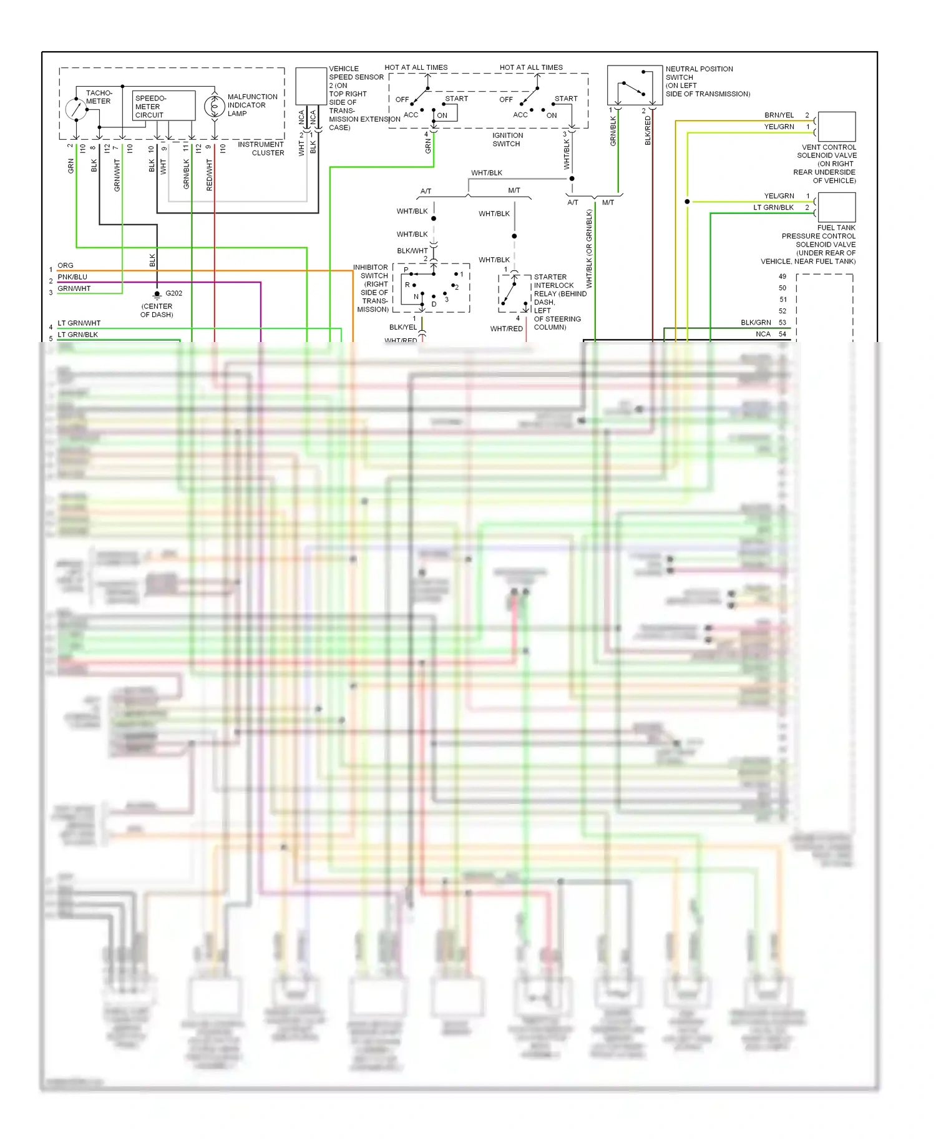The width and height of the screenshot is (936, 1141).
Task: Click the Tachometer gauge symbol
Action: [x=76, y=109]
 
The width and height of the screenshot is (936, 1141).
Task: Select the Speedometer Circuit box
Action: [x=164, y=106]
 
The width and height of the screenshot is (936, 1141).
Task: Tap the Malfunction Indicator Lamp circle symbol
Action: [x=214, y=107]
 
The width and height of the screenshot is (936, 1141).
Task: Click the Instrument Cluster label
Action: [x=261, y=149]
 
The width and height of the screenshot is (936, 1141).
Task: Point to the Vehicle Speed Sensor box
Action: [x=311, y=86]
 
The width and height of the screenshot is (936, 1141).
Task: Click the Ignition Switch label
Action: [x=507, y=139]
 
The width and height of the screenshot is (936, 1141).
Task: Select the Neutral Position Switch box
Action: [x=634, y=85]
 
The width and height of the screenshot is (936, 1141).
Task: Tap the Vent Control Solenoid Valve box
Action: [x=836, y=127]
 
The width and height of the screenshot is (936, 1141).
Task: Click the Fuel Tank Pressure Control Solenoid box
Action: [x=836, y=207]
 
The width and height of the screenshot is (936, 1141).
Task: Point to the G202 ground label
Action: [x=173, y=293]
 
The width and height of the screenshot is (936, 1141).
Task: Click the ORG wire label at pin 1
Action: [x=66, y=265]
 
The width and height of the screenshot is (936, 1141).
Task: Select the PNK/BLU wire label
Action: [x=72, y=277]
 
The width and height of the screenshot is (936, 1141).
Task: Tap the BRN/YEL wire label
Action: [x=779, y=115]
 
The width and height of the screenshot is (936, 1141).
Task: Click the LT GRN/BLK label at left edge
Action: [x=77, y=335]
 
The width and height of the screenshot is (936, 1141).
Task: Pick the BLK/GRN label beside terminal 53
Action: [x=756, y=323]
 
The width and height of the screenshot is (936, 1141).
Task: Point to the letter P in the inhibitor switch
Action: [x=406, y=270]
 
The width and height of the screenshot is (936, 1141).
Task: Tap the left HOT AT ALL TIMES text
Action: [x=416, y=67]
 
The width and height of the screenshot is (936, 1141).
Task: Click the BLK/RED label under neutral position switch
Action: [x=648, y=130]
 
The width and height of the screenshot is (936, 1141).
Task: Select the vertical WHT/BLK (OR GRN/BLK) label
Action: [x=589, y=248]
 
